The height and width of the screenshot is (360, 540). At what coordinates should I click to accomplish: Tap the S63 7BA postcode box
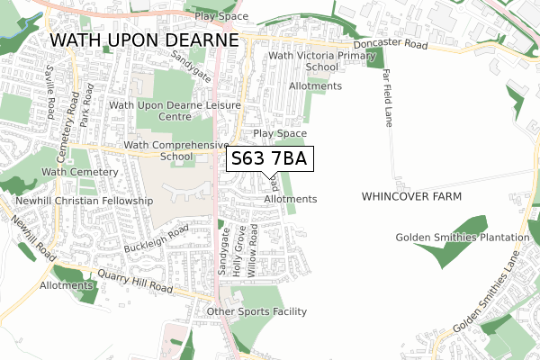coord(270,159)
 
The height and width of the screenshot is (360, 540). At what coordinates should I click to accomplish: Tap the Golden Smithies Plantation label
coord(462,238)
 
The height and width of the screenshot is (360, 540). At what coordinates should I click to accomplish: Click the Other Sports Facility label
coord(256,312)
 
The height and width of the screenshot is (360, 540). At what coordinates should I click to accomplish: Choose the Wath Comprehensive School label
coord(176,150)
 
